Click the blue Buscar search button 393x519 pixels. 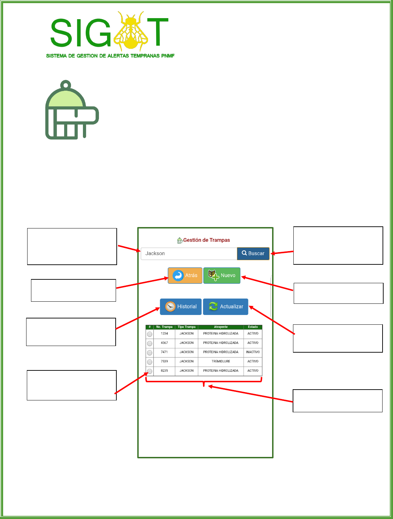[253, 254]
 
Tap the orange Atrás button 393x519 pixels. [185, 276]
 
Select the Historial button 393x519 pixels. [181, 307]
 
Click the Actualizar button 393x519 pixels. [226, 307]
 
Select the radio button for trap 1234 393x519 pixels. [150, 334]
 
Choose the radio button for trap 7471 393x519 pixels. [150, 353]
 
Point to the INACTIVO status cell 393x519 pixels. [253, 352]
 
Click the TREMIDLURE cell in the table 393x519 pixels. [221, 361]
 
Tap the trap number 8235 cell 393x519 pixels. [164, 371]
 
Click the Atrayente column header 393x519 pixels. [221, 327]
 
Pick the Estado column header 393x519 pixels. [253, 327]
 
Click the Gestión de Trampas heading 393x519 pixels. [206, 240]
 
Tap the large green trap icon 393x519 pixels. [72, 111]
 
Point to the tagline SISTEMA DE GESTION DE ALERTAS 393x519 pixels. [110, 56]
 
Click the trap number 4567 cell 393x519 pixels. [164, 343]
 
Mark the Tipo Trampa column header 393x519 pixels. [186, 327]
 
